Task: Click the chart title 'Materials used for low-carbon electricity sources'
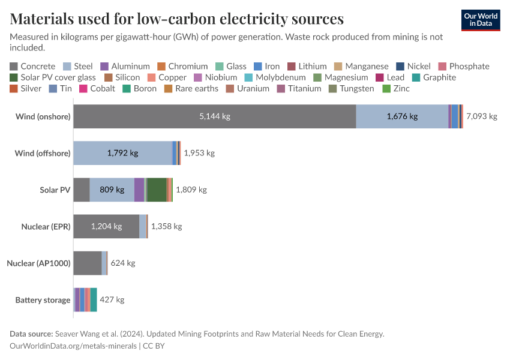coord(176,19)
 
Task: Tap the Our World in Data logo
coord(480,19)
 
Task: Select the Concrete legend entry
coord(32,67)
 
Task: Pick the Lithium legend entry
coord(307,67)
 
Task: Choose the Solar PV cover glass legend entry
coord(52,77)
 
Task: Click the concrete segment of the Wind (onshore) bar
coord(214,116)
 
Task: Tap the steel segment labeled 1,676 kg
coord(402,116)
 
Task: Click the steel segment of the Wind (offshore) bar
coord(122,153)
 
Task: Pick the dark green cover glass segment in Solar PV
coord(157,190)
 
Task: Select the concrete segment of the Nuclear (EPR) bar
coord(106,226)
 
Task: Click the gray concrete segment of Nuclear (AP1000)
coord(87,263)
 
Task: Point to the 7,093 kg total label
coord(481,116)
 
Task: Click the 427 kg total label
coord(112,299)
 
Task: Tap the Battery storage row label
coord(43,299)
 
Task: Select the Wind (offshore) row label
coord(42,153)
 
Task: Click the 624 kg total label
coord(123,263)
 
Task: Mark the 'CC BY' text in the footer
coord(155,346)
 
